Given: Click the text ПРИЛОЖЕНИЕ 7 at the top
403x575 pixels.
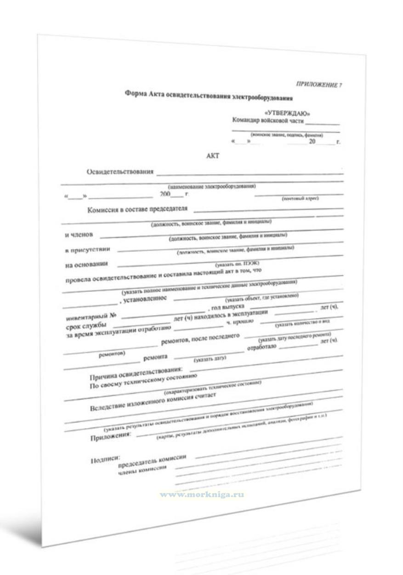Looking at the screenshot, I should tap(319, 84).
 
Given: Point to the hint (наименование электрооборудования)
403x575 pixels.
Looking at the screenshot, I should tap(211, 186).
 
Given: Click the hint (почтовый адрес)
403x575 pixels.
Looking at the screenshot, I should tap(300, 199).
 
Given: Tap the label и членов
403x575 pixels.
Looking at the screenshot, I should tap(79, 235).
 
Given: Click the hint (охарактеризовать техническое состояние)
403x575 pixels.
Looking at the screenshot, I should tap(213, 388).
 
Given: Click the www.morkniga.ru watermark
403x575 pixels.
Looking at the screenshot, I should tap(202, 494).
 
